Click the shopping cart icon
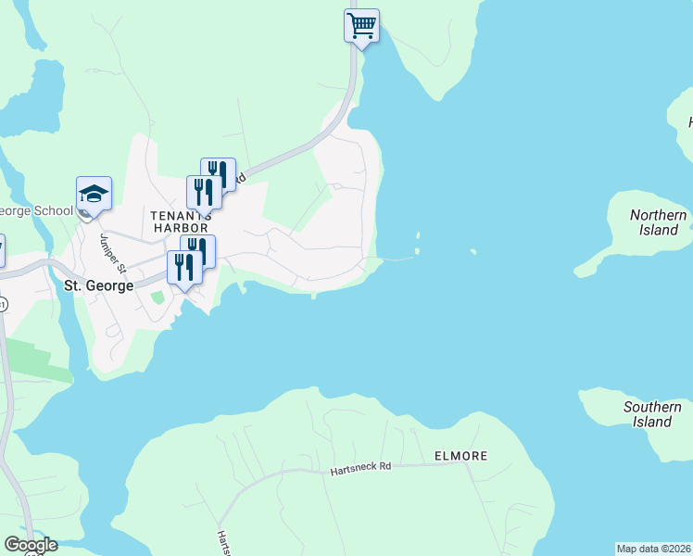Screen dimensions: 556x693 tap(361, 25)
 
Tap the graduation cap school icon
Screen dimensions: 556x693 tap(94, 195)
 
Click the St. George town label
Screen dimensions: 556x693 tap(98, 285)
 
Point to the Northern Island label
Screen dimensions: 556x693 tap(659, 222)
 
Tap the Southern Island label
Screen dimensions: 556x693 tap(652, 414)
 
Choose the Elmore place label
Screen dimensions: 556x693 tap(460, 456)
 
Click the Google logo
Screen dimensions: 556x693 tap(31, 545)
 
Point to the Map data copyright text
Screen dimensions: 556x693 tap(653, 549)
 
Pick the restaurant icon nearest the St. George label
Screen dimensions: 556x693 tap(184, 268)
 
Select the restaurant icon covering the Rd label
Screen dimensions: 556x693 tap(219, 173)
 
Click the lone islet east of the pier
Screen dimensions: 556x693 tap(473, 251)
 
